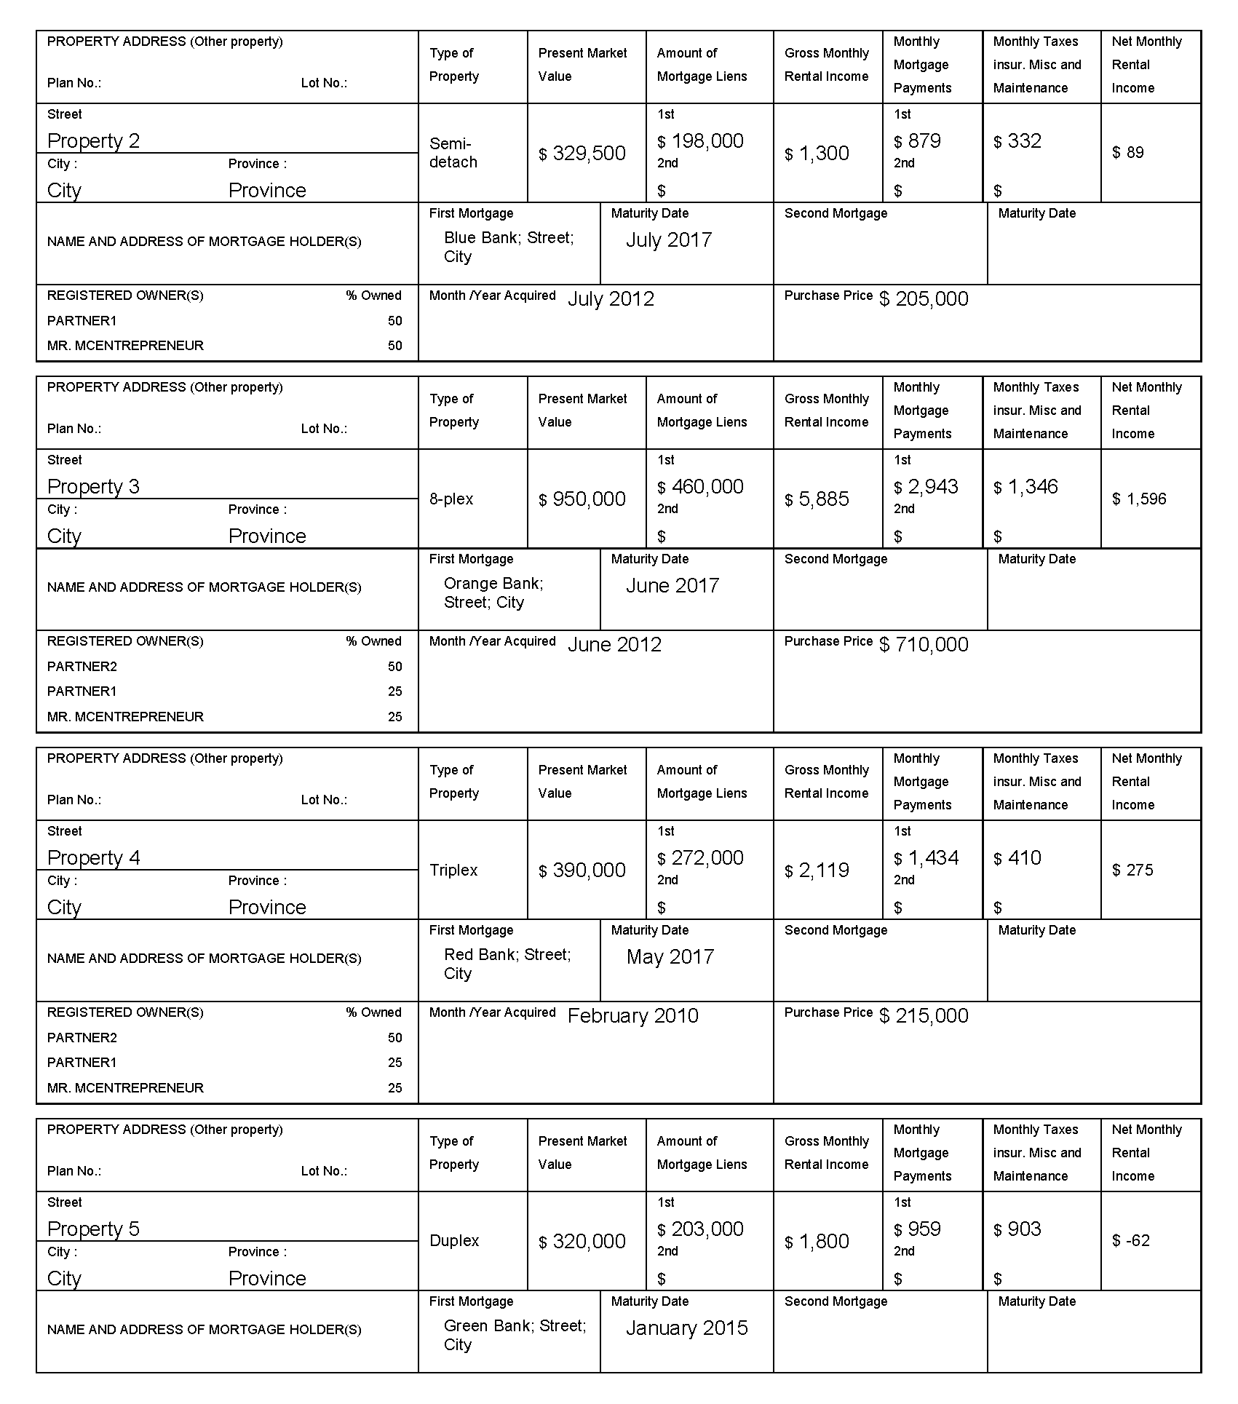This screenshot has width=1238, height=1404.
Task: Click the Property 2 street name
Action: tap(93, 141)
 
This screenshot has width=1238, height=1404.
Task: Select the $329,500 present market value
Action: tap(582, 154)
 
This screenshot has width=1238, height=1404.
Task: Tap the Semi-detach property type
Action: tap(453, 153)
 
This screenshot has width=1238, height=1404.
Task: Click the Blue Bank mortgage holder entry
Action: tap(509, 247)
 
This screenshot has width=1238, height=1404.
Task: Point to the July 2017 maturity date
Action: tap(668, 240)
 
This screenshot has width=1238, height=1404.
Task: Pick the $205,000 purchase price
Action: tap(924, 299)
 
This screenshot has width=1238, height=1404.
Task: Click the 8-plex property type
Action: tap(451, 499)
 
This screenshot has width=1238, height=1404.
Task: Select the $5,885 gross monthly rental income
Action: tap(817, 499)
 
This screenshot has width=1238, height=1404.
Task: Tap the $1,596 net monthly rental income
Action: tap(1139, 499)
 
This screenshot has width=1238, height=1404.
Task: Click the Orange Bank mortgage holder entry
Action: tap(493, 593)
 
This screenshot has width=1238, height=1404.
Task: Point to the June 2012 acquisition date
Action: tap(614, 645)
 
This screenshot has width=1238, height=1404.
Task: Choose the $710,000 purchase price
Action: tap(924, 645)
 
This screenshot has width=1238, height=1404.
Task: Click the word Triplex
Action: tap(453, 870)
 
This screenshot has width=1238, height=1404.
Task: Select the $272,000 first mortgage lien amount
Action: tap(700, 858)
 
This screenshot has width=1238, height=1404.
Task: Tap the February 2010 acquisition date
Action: tap(632, 1016)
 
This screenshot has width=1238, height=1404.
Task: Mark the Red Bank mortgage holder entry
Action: tap(507, 964)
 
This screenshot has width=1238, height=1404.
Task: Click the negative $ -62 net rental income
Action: tap(1131, 1241)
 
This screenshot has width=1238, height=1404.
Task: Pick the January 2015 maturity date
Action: tap(686, 1328)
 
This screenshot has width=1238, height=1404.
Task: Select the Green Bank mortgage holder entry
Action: tap(515, 1336)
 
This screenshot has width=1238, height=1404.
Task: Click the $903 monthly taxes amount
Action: tap(1017, 1229)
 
